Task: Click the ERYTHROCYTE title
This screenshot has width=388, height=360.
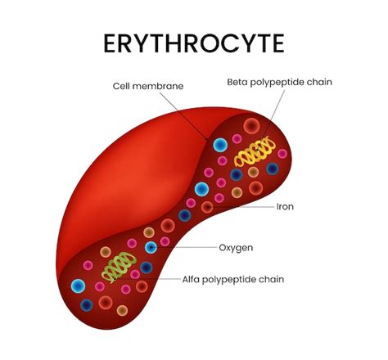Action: pyautogui.click(x=194, y=43)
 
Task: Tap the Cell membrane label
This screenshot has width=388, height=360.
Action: pyautogui.click(x=148, y=86)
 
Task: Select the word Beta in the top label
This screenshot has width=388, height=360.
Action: pyautogui.click(x=237, y=82)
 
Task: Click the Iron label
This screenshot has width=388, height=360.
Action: pyautogui.click(x=285, y=207)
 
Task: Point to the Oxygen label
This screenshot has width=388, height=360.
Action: pyautogui.click(x=236, y=248)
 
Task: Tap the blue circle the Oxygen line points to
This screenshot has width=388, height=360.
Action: pyautogui.click(x=151, y=247)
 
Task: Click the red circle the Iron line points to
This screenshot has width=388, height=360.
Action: pyautogui.click(x=208, y=207)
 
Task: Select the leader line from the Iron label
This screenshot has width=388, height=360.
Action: pyautogui.click(x=241, y=207)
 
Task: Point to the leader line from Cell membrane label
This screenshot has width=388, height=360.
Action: pyautogui.click(x=183, y=116)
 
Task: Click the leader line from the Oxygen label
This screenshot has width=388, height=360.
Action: pyautogui.click(x=184, y=247)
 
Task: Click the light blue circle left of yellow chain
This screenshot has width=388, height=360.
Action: pyautogui.click(x=220, y=145)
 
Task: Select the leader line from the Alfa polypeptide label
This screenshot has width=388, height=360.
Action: pyautogui.click(x=147, y=279)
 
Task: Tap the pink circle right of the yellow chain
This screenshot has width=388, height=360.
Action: pyautogui.click(x=282, y=154)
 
